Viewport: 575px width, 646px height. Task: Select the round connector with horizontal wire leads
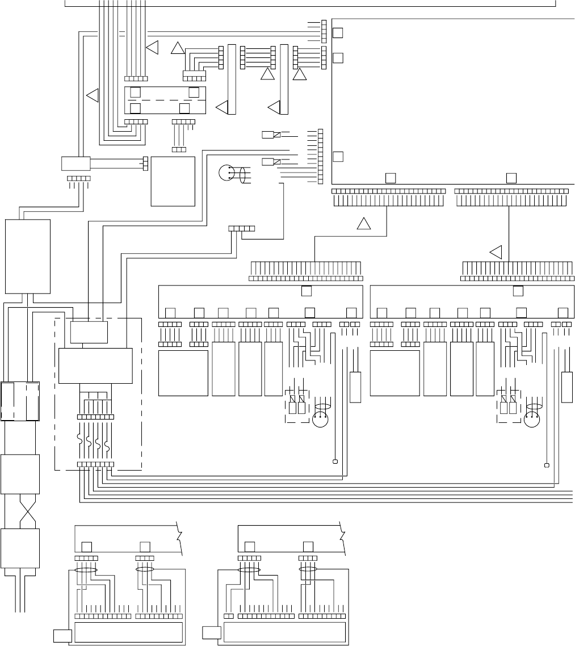click(x=226, y=173)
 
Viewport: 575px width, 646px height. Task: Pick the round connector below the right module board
click(x=533, y=421)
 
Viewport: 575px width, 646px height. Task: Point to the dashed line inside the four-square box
click(x=165, y=100)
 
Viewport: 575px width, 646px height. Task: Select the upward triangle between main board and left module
click(x=363, y=224)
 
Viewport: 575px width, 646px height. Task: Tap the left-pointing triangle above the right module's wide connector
click(x=496, y=251)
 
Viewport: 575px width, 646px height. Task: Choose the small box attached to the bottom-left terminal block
click(x=62, y=636)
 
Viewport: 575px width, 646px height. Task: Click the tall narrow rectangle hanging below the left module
click(x=355, y=387)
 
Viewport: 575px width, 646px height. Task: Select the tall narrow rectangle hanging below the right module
click(x=566, y=387)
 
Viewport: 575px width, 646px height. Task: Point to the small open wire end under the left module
click(x=335, y=461)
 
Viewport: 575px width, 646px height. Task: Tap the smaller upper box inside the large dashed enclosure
click(x=89, y=332)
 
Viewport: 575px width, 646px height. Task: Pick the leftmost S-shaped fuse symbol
click(x=82, y=441)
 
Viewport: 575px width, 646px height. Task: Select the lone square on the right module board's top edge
click(x=517, y=291)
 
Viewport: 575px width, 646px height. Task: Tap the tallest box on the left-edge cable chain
click(x=28, y=256)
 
